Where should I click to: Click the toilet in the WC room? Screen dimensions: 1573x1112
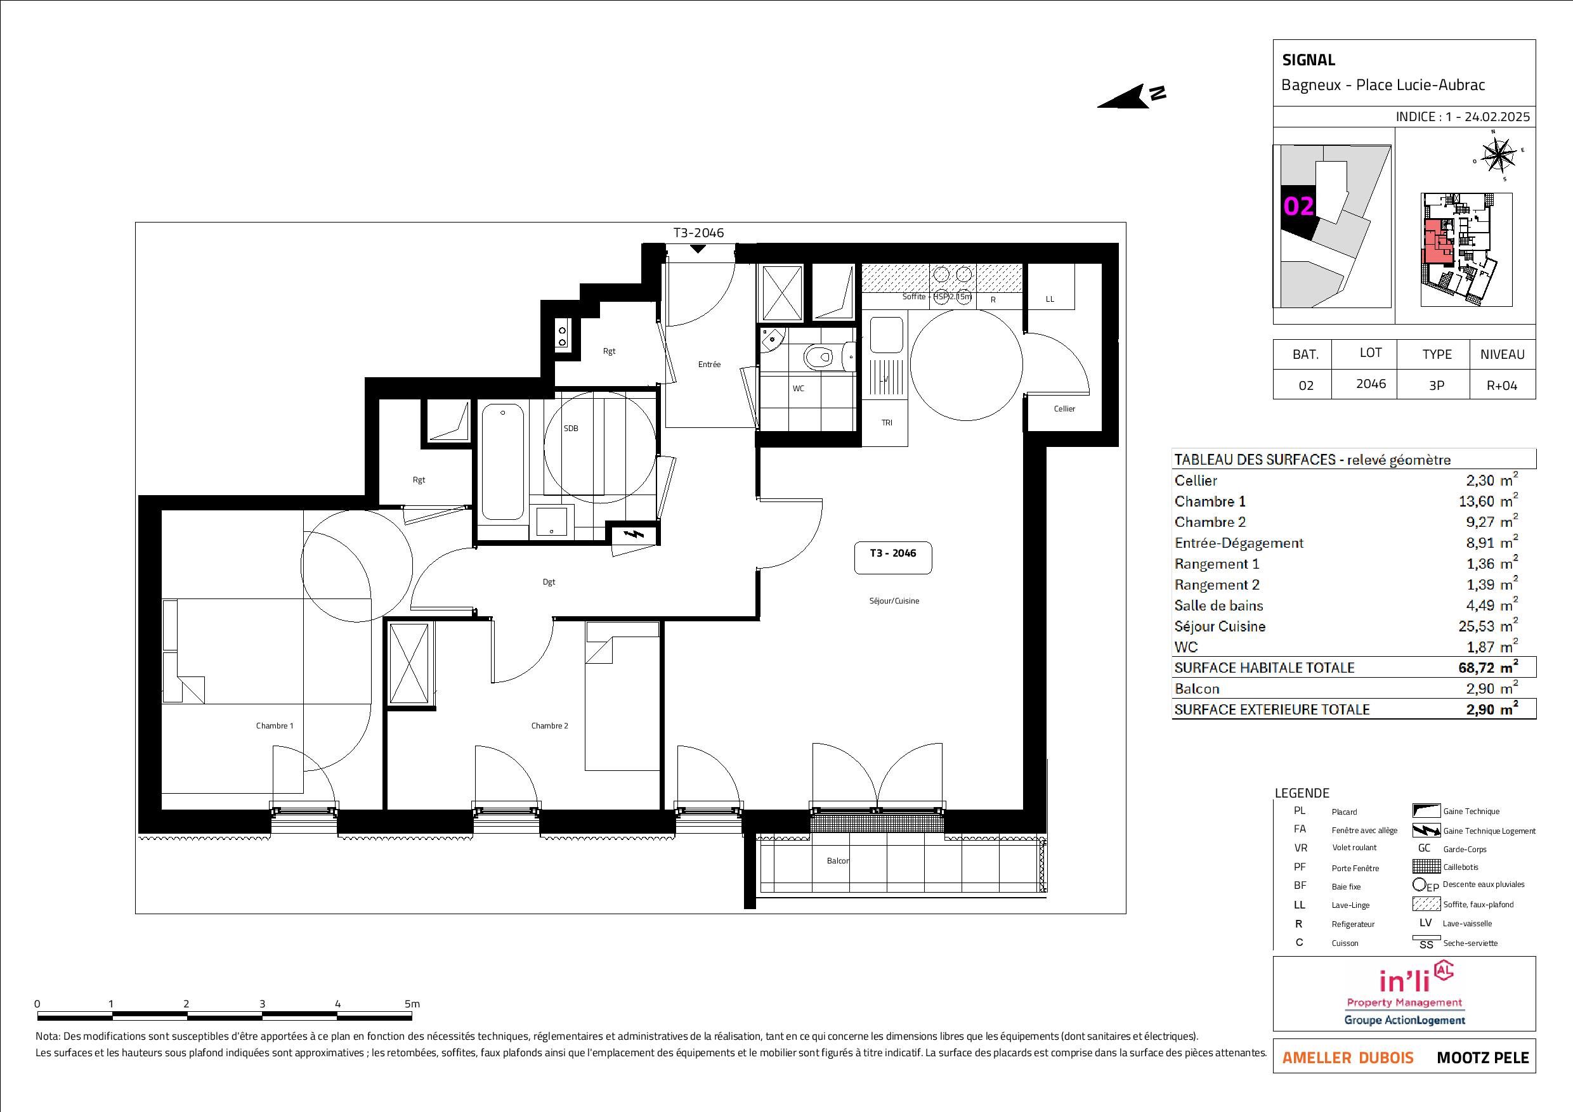pyautogui.click(x=820, y=356)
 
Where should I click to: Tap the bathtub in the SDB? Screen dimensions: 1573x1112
pyautogui.click(x=502, y=462)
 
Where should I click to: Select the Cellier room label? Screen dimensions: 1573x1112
pyautogui.click(x=1064, y=409)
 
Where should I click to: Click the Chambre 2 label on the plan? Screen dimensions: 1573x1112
pyautogui.click(x=549, y=726)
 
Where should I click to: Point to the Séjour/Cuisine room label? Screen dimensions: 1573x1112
pyautogui.click(x=894, y=601)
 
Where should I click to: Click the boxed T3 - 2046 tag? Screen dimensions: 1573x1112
pyautogui.click(x=892, y=557)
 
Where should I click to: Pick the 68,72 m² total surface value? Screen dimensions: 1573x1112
pyautogui.click(x=1487, y=668)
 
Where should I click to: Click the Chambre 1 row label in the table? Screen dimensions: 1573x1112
pyautogui.click(x=1210, y=502)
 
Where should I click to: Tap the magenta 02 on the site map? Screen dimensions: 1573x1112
pyautogui.click(x=1298, y=206)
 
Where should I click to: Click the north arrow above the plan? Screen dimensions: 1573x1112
pyautogui.click(x=1130, y=96)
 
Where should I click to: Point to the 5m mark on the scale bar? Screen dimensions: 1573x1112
pyautogui.click(x=412, y=1004)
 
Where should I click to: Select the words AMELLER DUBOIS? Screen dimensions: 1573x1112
pyautogui.click(x=1348, y=1058)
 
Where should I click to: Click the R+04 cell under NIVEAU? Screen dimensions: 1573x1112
pyautogui.click(x=1502, y=385)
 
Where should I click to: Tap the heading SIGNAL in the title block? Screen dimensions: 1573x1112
pyautogui.click(x=1309, y=60)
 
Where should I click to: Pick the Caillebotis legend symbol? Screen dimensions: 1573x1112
pyautogui.click(x=1426, y=867)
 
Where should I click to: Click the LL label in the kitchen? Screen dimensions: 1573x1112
pyautogui.click(x=1050, y=299)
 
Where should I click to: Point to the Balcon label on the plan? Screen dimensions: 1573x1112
pyautogui.click(x=838, y=861)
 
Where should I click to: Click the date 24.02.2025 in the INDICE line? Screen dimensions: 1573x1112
pyautogui.click(x=1497, y=117)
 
